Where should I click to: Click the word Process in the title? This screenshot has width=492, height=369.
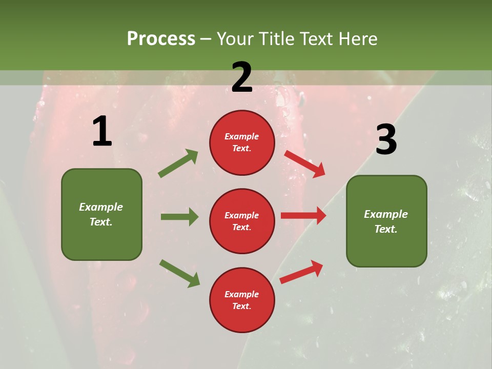(161, 39)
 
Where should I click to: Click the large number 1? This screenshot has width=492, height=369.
(102, 132)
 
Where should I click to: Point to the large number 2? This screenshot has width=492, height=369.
(242, 77)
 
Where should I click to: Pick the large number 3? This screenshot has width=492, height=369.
(386, 140)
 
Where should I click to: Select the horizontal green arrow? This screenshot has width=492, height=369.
(179, 217)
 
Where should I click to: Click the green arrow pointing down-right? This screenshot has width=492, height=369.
(179, 273)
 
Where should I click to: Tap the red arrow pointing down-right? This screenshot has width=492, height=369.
(305, 163)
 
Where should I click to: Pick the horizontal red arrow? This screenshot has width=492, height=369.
(303, 216)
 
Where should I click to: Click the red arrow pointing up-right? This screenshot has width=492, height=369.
(302, 272)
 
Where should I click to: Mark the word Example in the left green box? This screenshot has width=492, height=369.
(101, 207)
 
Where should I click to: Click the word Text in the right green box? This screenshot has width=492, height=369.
(385, 229)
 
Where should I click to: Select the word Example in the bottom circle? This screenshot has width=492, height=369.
(242, 294)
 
